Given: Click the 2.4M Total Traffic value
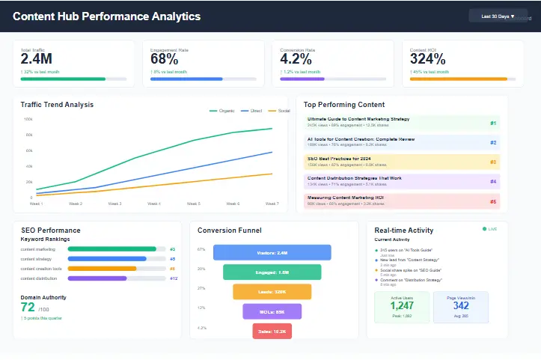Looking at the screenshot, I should point(36,59).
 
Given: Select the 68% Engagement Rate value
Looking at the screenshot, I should point(164,59).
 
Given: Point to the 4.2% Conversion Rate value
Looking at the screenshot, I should point(296,59).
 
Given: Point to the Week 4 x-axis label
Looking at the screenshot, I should point(153,204).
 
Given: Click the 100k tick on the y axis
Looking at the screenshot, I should point(28,119).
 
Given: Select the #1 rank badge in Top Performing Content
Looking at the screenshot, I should point(492,123).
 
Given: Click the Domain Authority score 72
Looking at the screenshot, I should point(28,307).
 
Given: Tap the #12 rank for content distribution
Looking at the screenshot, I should point(173,278).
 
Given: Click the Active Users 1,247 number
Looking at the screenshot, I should point(402,305).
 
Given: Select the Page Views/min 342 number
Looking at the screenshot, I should point(461,305).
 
